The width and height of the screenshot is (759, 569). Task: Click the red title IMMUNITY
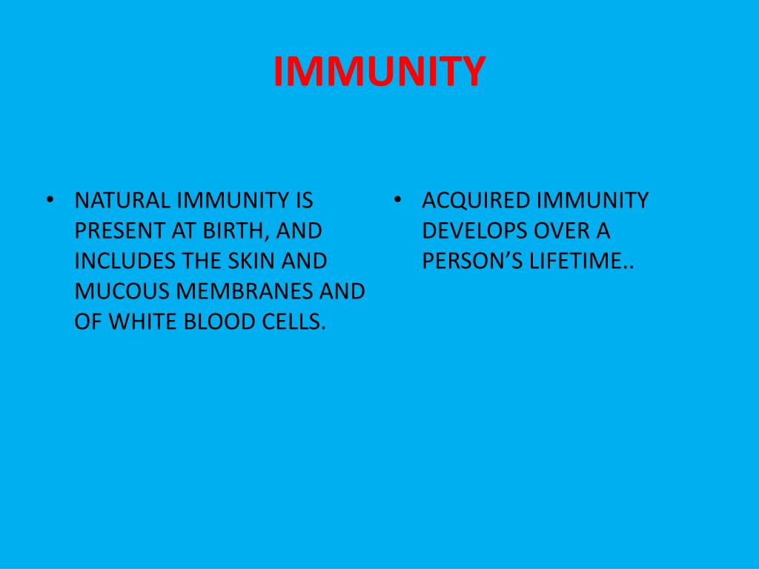379,72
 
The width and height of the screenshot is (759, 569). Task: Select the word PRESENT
121,231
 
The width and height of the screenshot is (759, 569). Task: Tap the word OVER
556,231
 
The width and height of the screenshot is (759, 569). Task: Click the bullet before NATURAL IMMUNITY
50,201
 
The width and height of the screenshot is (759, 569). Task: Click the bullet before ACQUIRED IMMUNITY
398,201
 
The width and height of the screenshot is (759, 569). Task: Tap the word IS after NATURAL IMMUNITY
304,201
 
